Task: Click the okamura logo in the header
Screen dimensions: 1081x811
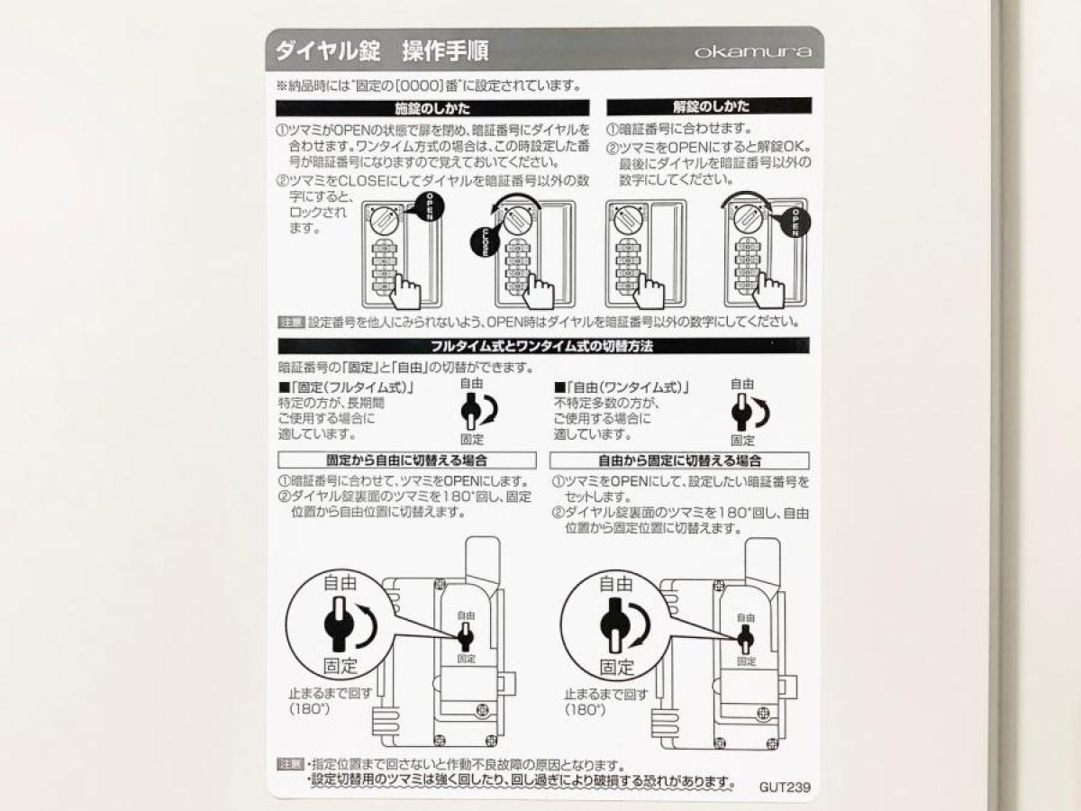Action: pos(753,51)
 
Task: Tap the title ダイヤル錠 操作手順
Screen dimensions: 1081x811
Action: pos(382,50)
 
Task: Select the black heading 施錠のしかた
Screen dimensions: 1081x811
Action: pos(432,108)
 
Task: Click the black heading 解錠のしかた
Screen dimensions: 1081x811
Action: pos(709,106)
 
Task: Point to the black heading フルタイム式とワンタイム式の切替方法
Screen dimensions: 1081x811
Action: pos(543,346)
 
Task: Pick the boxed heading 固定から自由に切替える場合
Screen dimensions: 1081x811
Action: pos(407,460)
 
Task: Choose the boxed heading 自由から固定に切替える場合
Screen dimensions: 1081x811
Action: pos(679,460)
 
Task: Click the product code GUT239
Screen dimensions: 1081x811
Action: pos(785,787)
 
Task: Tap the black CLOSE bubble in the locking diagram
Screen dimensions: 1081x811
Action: pos(485,241)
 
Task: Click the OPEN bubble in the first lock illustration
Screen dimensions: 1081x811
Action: pos(428,206)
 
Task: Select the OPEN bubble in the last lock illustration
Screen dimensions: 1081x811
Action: pos(794,223)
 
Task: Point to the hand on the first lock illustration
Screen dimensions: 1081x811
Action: pos(405,291)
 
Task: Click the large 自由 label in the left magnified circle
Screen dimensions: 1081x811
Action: pos(340,583)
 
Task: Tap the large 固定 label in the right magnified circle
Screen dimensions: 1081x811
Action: pos(616,667)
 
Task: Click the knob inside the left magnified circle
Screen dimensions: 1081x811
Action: pos(339,624)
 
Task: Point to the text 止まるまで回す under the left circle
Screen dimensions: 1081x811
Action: pos(330,693)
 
